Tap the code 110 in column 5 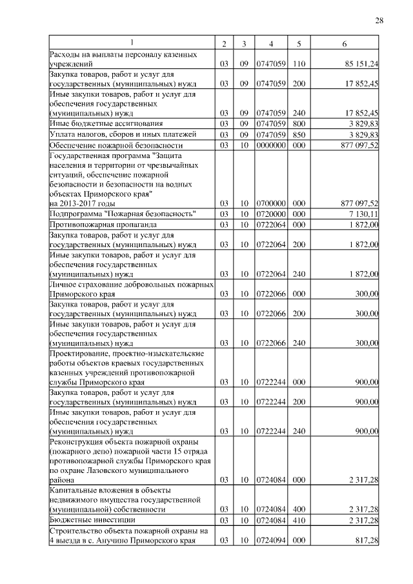tap(298, 65)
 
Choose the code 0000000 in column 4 tap(271, 146)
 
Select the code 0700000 tap(271, 203)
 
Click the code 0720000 tap(271, 214)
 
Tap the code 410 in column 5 tap(298, 519)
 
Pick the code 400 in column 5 tap(298, 510)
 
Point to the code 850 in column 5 tap(298, 135)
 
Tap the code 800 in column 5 tap(298, 123)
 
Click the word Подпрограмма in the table tap(78, 214)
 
